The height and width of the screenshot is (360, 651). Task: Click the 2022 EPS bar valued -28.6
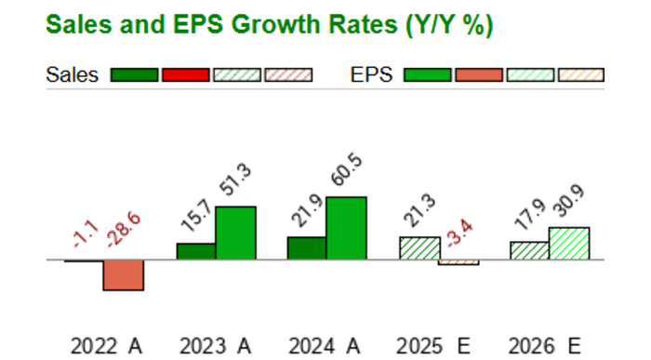123,275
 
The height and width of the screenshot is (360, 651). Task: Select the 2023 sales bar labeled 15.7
196,251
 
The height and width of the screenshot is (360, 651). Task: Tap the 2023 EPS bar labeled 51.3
235,233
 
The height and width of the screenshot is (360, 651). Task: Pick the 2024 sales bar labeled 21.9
306,248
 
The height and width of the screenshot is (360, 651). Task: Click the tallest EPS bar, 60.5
346,228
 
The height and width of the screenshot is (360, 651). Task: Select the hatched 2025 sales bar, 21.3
418,248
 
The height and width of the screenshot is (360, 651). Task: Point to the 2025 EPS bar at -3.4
458,262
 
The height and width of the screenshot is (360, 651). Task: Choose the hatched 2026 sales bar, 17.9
528,250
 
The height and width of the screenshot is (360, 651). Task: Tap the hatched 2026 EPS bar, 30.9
568,243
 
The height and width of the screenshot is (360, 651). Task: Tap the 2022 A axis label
106,346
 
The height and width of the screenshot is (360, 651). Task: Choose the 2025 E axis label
434,346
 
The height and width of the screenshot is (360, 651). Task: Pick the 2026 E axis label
544,346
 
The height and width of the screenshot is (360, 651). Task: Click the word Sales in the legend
72,75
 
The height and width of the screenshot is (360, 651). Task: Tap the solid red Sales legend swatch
185,75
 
